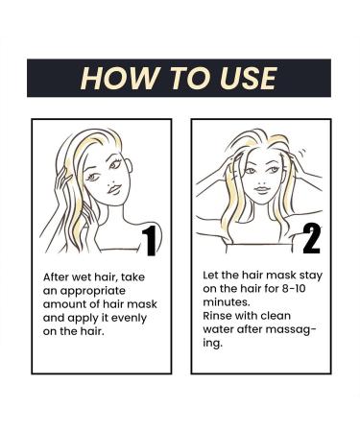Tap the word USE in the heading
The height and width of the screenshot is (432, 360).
coord(245,78)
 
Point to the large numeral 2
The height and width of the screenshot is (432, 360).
coord(310,237)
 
